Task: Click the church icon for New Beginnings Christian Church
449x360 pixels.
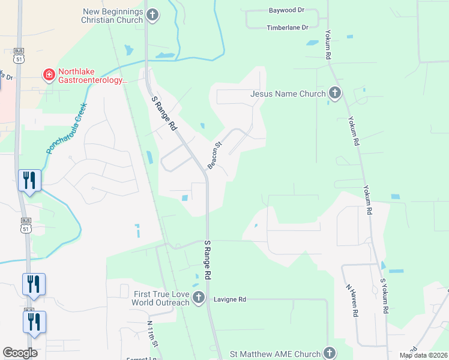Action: (152, 15)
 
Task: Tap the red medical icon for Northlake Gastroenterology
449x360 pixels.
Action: (48, 75)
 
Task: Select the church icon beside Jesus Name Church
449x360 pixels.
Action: (334, 93)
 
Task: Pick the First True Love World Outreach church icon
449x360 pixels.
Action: (198, 297)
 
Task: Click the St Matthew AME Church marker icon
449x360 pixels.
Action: (328, 353)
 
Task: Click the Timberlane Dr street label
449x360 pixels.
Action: (288, 28)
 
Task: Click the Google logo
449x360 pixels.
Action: (20, 353)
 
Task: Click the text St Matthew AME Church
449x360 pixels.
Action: (276, 353)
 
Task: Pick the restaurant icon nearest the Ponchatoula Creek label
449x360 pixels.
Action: (29, 181)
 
